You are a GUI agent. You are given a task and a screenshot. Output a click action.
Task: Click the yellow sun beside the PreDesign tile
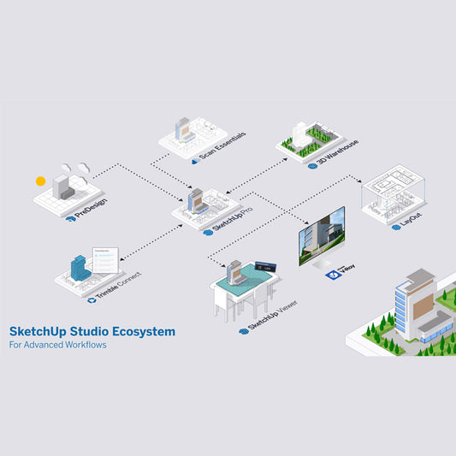tap(39, 181)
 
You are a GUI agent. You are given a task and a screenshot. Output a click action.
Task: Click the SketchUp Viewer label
tap(269, 316)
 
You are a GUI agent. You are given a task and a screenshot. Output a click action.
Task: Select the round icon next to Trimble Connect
tap(91, 299)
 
